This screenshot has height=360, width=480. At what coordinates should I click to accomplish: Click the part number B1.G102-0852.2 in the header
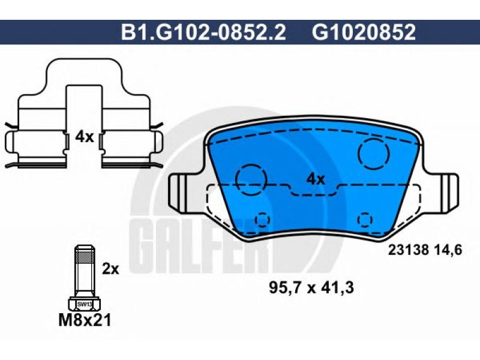(203, 32)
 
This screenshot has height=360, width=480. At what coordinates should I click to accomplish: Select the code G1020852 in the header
(364, 32)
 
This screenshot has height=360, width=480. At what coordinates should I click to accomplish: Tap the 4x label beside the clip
(84, 137)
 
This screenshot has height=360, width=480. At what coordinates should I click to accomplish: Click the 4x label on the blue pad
(316, 179)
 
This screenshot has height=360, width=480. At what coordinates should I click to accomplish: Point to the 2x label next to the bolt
(110, 269)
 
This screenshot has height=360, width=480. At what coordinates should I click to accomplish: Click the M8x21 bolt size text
(84, 320)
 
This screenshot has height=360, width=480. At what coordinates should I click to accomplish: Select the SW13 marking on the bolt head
(85, 304)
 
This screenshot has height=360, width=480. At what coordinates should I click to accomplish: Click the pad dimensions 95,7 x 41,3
(311, 287)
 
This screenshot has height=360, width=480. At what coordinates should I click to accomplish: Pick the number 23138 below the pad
(409, 250)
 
